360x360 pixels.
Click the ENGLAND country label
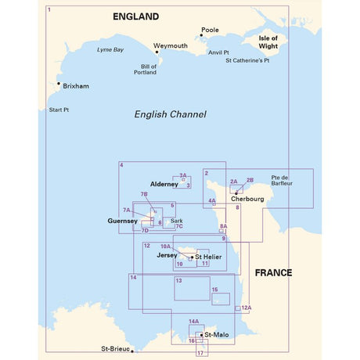coord(135,16)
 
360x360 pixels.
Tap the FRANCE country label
coord(272,273)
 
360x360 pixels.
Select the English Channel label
coord(170,114)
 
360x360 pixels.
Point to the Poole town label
coord(210,30)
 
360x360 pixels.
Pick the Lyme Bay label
coord(110,50)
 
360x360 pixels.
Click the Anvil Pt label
coord(218,52)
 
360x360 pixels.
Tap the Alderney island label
coord(164,184)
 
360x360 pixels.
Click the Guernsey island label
coord(121,221)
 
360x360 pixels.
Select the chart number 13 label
coord(178,280)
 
